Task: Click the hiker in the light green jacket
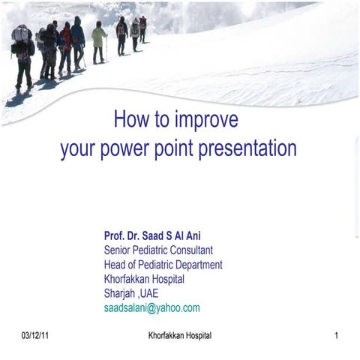point(98,42)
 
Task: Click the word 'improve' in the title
point(207,119)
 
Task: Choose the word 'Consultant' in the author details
point(191,250)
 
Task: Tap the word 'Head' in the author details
point(115,264)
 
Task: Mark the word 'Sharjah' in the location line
point(120,292)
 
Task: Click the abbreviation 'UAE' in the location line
point(150,292)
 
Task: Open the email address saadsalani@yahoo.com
point(151,307)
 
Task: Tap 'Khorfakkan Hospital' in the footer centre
point(180,335)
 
